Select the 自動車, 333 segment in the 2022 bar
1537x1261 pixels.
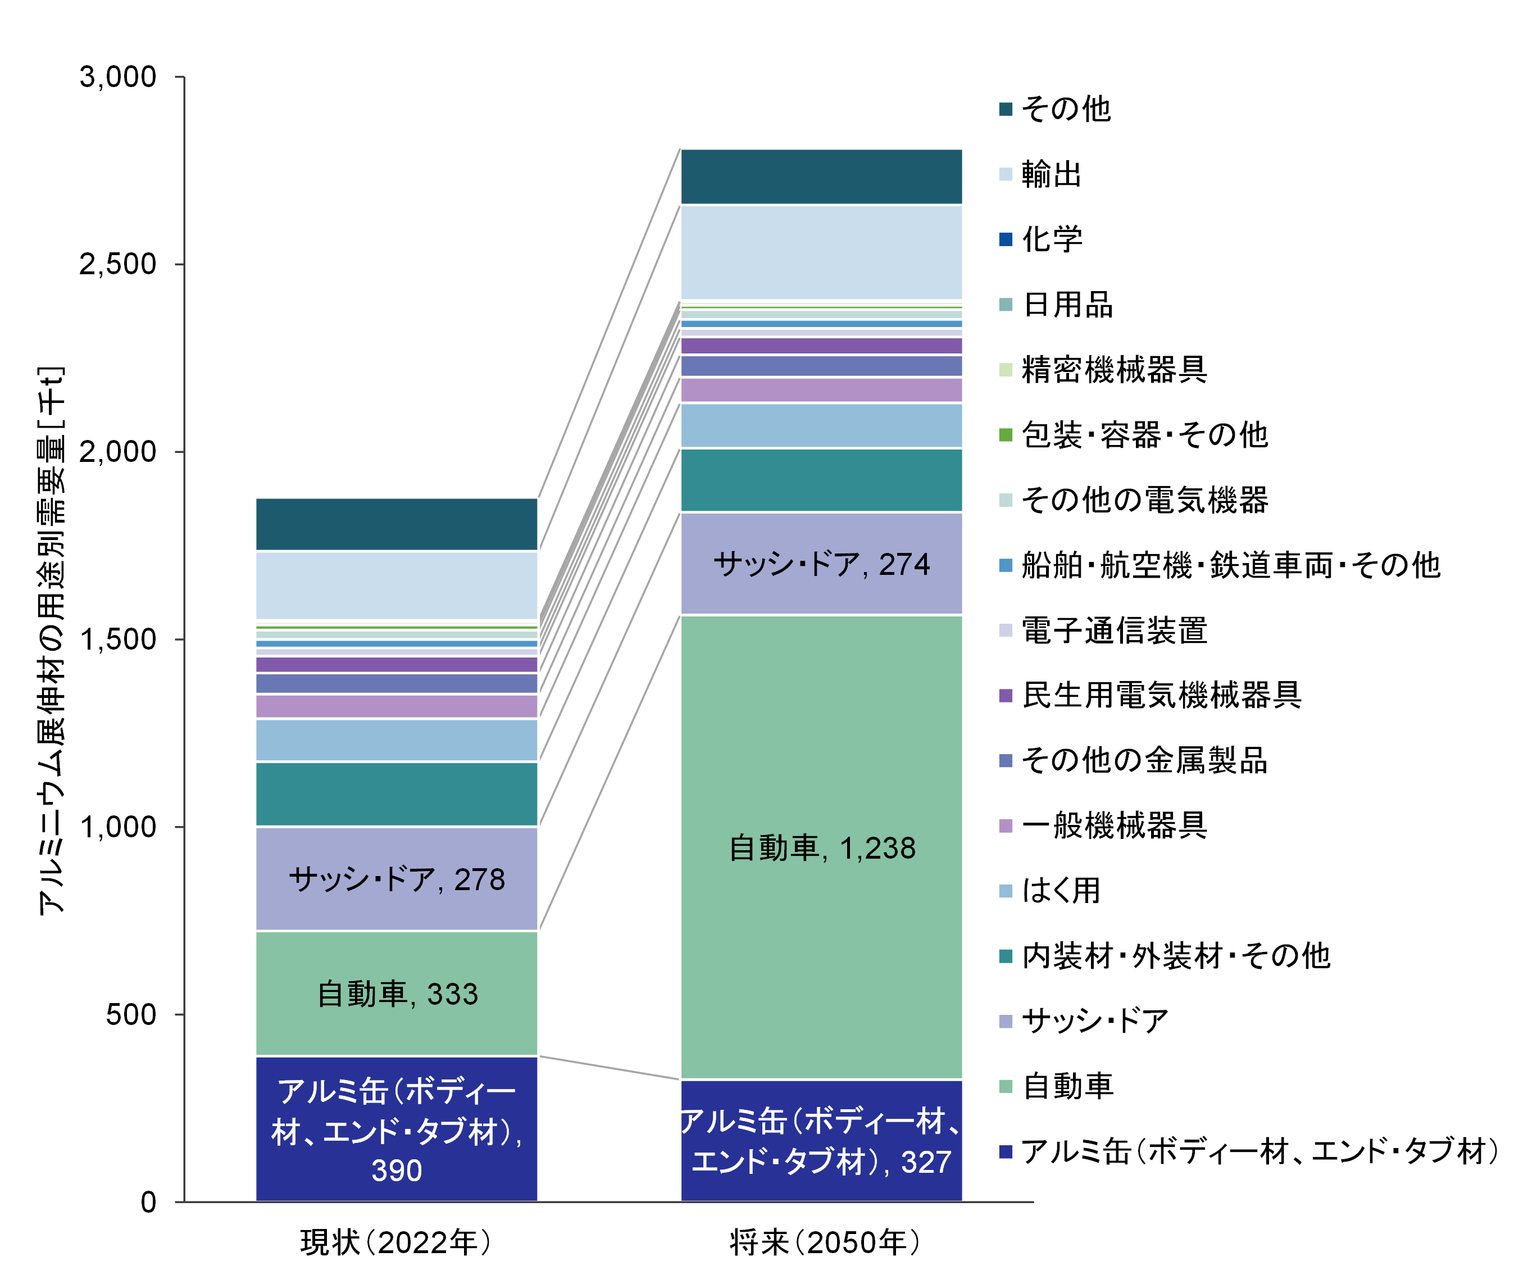[397, 994]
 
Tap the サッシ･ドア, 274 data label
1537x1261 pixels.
[821, 564]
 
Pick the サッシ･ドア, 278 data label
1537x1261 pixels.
[397, 879]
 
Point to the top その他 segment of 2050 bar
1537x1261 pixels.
[821, 176]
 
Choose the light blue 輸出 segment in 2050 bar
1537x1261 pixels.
[821, 252]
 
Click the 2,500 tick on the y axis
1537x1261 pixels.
[117, 264]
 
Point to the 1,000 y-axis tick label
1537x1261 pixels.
[117, 827]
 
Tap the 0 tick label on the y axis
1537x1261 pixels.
[148, 1202]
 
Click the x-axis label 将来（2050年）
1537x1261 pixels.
[825, 1241]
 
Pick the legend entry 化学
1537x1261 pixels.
[1051, 239]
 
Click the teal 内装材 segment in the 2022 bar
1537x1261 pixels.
[397, 794]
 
